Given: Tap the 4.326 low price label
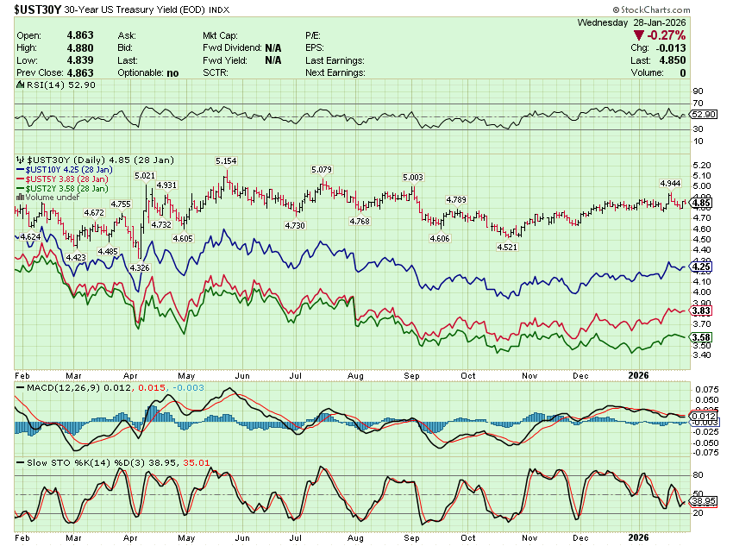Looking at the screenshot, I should pos(138,267).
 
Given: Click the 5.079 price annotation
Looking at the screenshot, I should pos(322,169).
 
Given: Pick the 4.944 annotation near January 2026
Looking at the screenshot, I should pos(671,184).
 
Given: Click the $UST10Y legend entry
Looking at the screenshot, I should pos(69,170).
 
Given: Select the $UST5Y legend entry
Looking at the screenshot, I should pos(68,179).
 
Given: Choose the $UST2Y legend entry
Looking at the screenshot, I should pos(68,188).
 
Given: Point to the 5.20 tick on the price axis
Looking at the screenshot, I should pos(700,165).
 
